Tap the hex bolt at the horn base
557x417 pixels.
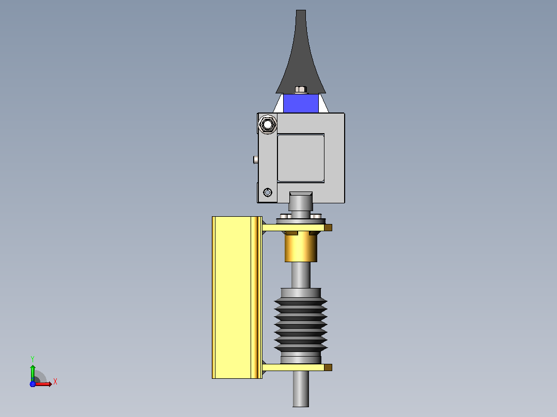[x=301, y=89]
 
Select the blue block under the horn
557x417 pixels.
[x=301, y=103]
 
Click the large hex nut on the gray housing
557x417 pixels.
[x=268, y=124]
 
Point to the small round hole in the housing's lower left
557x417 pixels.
[x=268, y=193]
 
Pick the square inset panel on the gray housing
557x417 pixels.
[x=301, y=158]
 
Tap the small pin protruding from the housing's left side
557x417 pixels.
[x=256, y=159]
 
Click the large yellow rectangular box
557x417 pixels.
[x=237, y=297]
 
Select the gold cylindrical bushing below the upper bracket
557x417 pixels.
[x=301, y=247]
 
